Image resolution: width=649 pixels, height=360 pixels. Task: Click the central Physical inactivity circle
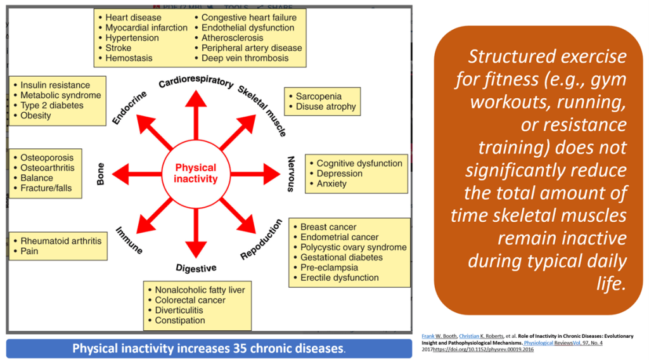click(196, 173)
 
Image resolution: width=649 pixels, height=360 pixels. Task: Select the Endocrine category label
click(130, 107)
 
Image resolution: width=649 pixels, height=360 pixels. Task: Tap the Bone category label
click(101, 173)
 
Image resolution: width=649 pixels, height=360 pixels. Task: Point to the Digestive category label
click(196, 267)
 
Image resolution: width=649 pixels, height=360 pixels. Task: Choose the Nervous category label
click(291, 174)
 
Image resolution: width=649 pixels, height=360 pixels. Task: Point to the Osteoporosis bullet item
click(47, 157)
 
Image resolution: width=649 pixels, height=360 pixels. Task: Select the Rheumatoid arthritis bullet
click(60, 241)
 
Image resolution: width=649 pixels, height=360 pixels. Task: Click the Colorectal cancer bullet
click(190, 300)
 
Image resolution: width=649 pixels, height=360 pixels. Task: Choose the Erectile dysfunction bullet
click(339, 278)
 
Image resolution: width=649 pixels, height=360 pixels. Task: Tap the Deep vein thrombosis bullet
click(245, 58)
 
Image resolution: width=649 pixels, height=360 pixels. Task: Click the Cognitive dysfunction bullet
click(359, 163)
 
